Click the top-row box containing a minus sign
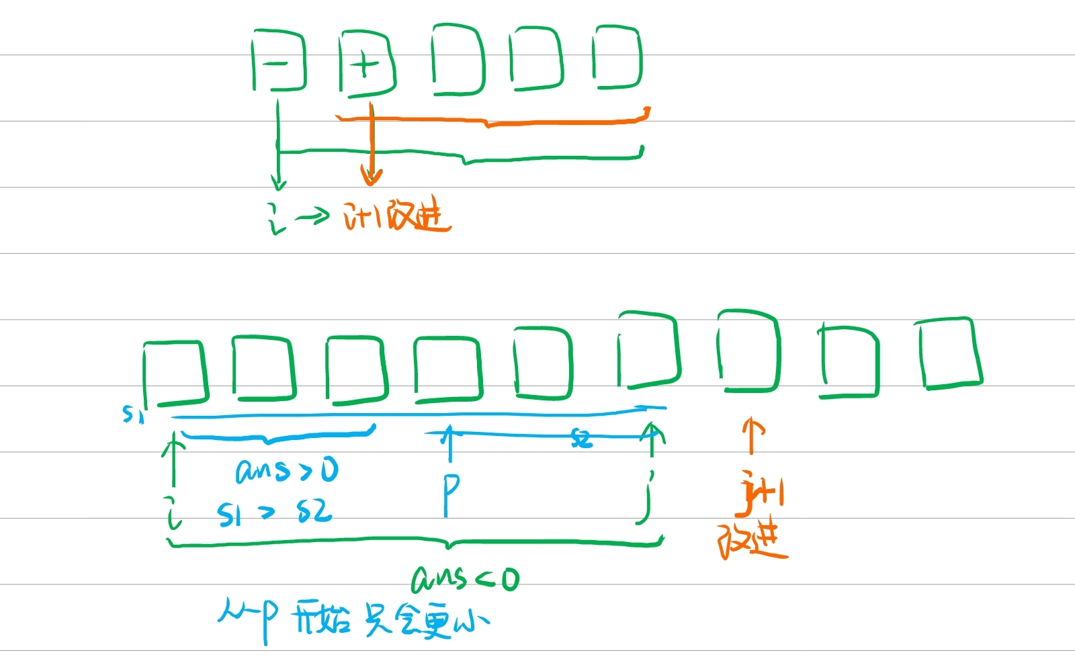pyautogui.click(x=278, y=61)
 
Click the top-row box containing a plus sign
pyautogui.click(x=366, y=63)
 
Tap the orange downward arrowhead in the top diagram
pyautogui.click(x=371, y=176)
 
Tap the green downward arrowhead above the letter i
pyautogui.click(x=278, y=181)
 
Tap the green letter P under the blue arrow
pyautogui.click(x=450, y=494)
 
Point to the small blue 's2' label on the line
pyautogui.click(x=582, y=439)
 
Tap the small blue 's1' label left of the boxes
pyautogui.click(x=132, y=414)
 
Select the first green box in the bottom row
pyautogui.click(x=174, y=373)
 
